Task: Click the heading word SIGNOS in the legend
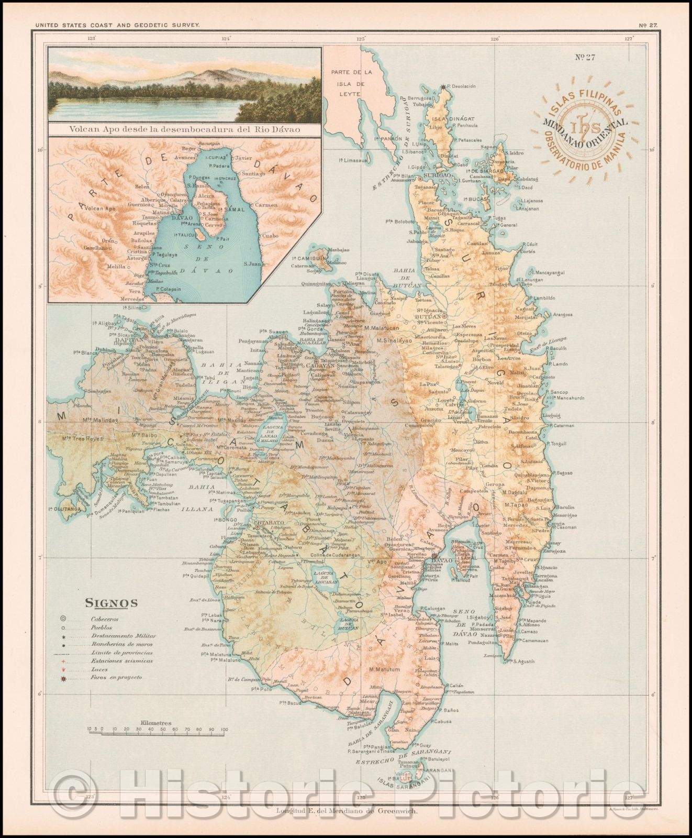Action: (111, 603)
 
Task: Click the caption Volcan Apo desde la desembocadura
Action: (183, 128)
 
